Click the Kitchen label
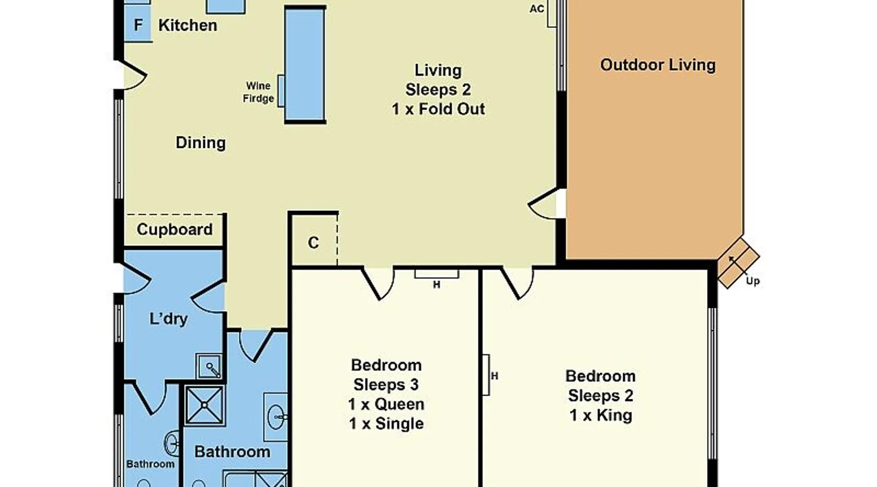coord(188,25)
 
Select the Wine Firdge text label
coord(258,92)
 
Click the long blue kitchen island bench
coord(305,64)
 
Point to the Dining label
coord(201,143)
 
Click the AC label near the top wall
coord(536,9)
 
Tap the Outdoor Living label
coord(658,65)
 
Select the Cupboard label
coord(174,229)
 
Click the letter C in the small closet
coord(313,243)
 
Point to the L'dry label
coord(169,319)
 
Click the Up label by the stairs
coord(753,281)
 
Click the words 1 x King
coord(601,415)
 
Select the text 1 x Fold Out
coord(438,109)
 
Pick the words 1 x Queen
coord(386,404)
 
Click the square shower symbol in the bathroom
coord(205,405)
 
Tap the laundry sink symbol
coord(210,366)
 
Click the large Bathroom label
coord(232,451)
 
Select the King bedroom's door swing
coord(518,282)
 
